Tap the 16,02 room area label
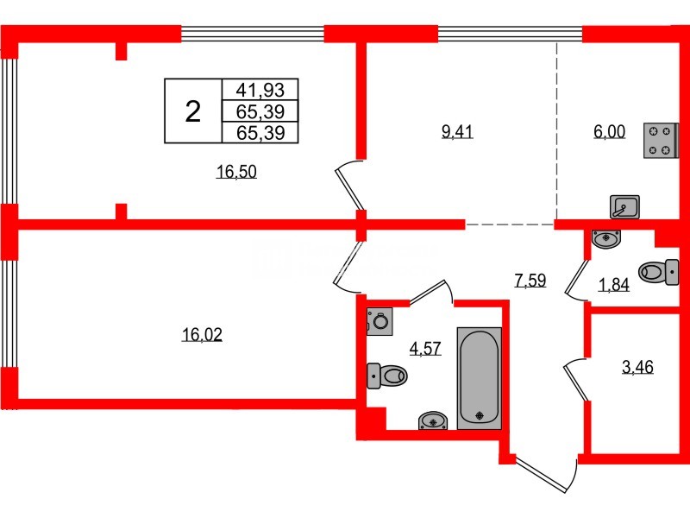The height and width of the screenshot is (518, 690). [x=202, y=335]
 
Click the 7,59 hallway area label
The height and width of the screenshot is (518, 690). [x=530, y=280]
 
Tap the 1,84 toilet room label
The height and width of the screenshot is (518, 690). [x=614, y=286]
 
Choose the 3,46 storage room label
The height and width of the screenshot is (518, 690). [x=637, y=368]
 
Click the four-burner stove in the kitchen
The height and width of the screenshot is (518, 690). [x=660, y=141]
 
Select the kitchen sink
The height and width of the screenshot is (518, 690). [x=624, y=206]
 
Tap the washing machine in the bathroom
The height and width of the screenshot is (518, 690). [x=379, y=321]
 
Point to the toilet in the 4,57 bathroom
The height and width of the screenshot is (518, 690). [x=387, y=376]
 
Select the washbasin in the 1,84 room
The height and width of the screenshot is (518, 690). [x=608, y=237]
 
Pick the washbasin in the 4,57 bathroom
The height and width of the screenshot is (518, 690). [x=432, y=420]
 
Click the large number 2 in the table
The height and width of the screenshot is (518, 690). [x=193, y=111]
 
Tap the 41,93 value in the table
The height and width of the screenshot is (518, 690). [x=260, y=90]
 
